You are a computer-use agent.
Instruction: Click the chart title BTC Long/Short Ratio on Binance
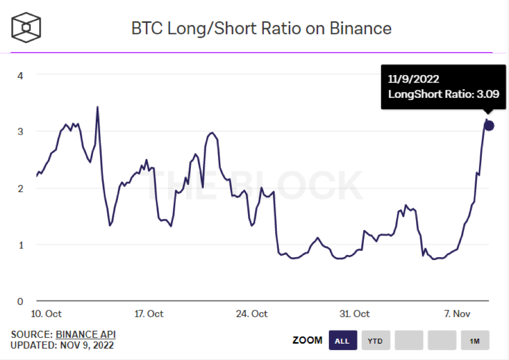pos(261,28)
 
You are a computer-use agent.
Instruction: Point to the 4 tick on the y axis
pos(20,75)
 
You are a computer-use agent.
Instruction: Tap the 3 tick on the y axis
pos(20,132)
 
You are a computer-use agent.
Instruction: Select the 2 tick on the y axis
pos(20,188)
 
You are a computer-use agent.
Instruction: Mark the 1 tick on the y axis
pos(20,245)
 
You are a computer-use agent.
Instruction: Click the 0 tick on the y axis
pos(20,301)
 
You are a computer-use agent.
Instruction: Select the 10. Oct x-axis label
pos(46,314)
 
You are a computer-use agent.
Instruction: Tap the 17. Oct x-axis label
pos(148,314)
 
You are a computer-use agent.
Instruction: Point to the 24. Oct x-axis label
pos(252,314)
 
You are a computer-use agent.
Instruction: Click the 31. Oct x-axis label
pos(354,314)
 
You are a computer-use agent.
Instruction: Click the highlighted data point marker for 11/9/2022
pos(489,126)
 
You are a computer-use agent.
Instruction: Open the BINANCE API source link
pos(85,334)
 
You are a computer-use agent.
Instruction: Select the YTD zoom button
pos(376,341)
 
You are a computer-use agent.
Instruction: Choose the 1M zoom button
pos(475,341)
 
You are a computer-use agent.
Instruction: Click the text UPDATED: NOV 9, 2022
pos(62,345)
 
